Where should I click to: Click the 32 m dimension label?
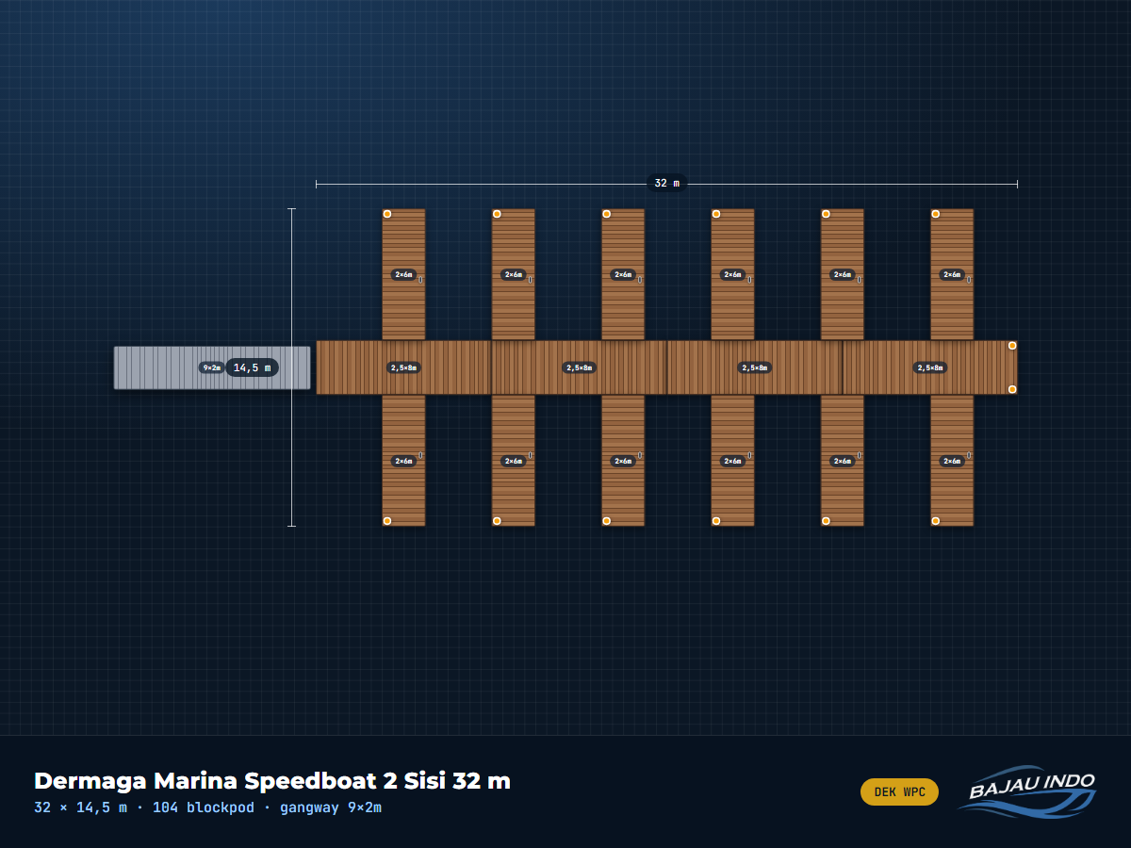click(x=666, y=184)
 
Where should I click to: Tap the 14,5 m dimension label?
click(x=252, y=367)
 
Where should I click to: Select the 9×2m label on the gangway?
click(x=212, y=367)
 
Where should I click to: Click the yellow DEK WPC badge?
click(x=899, y=791)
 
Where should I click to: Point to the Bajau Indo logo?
click(x=1028, y=791)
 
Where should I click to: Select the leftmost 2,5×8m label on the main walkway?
click(x=403, y=367)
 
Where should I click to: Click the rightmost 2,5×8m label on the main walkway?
click(x=930, y=367)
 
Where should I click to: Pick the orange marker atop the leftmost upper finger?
click(x=387, y=214)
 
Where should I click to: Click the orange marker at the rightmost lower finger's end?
click(x=935, y=521)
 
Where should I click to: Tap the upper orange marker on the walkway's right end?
click(x=1012, y=346)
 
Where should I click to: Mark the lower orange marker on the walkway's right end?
click(x=1012, y=389)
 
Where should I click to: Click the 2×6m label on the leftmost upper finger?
click(x=403, y=274)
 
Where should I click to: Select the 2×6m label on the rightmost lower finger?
click(x=952, y=461)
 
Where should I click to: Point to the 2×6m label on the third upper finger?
click(x=623, y=274)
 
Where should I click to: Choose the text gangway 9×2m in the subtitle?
click(x=331, y=807)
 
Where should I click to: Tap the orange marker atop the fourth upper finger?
click(x=716, y=214)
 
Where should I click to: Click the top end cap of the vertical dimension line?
click(x=291, y=209)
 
